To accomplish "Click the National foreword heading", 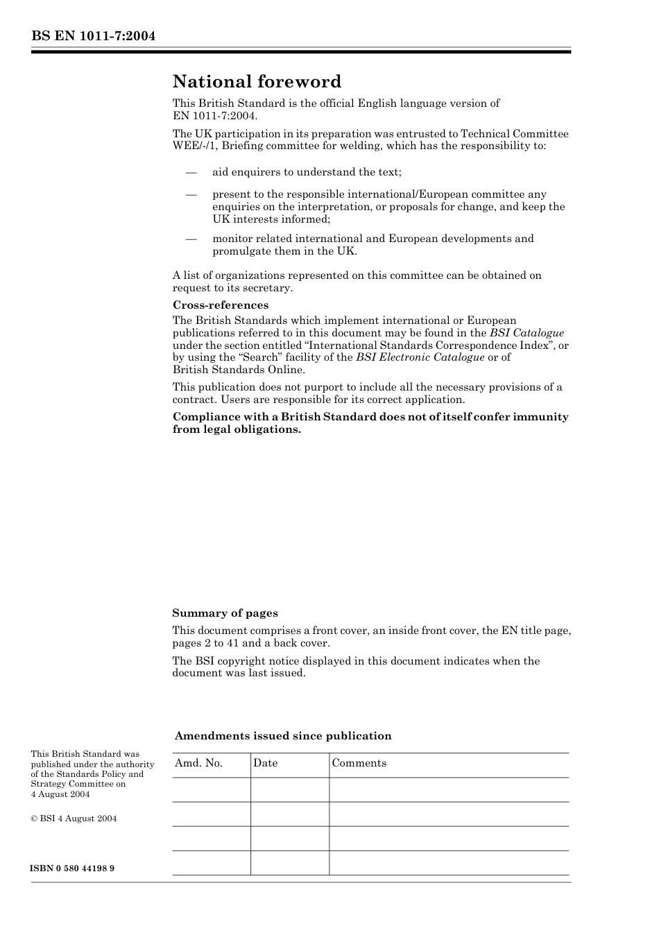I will pos(257,82).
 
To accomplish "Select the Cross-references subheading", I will pos(221,305).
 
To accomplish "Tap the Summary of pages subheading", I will pos(225,613).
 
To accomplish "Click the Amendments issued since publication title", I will pos(283,736).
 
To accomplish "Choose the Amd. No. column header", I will pos(198,763).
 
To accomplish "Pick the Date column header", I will pos(265,763).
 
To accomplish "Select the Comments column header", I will pos(359,763).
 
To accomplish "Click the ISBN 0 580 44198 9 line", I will pos(72,868).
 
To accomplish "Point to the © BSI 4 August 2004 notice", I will pos(74,819).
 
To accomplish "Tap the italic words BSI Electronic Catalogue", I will pos(420,357).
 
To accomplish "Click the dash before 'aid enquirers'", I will pos(191,172).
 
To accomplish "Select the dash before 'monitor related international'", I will pos(191,239).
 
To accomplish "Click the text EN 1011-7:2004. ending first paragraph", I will pos(214,116).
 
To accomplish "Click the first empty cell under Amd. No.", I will pos(211,789).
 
